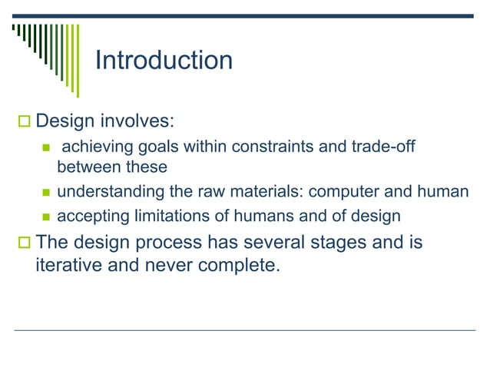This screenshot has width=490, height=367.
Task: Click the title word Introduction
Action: [163, 61]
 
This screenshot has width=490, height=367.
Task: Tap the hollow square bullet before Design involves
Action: [22, 121]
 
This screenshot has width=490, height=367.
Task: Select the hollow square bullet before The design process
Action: [22, 243]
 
